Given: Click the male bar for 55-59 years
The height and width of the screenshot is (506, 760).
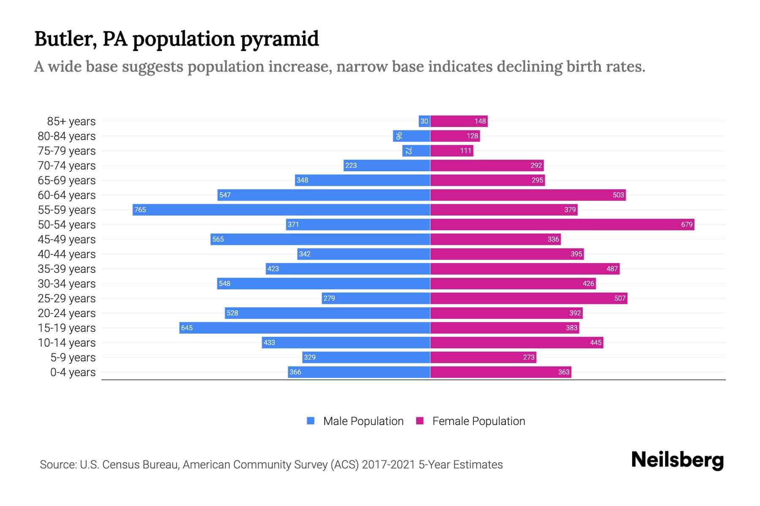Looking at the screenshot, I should pyautogui.click(x=281, y=210).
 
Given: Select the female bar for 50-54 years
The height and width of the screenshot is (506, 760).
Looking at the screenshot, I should pyautogui.click(x=562, y=224).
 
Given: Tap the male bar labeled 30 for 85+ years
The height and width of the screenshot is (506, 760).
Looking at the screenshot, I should pyautogui.click(x=424, y=121).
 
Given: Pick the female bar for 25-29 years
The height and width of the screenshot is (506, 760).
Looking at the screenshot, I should pyautogui.click(x=529, y=298).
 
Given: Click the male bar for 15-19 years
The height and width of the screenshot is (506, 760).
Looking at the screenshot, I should pyautogui.click(x=304, y=328).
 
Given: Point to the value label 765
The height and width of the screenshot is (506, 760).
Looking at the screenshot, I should pyautogui.click(x=140, y=210).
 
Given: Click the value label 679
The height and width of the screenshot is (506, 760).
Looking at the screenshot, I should pyautogui.click(x=687, y=224).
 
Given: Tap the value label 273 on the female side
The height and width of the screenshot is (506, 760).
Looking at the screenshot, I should pyautogui.click(x=529, y=357).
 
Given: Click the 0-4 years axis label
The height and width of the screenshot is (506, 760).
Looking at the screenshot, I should pyautogui.click(x=73, y=372).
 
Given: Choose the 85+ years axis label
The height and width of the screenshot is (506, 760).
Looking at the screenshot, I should pyautogui.click(x=71, y=121).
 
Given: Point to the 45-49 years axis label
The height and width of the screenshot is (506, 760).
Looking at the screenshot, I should pyautogui.click(x=67, y=240).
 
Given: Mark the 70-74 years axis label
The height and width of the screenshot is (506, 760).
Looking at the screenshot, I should pyautogui.click(x=67, y=166).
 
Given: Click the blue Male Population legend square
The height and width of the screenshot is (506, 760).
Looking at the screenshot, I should pyautogui.click(x=311, y=421).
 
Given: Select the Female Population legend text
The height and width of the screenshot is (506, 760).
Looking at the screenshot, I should pyautogui.click(x=478, y=421).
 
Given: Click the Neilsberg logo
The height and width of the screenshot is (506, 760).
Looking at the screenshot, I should pyautogui.click(x=677, y=460).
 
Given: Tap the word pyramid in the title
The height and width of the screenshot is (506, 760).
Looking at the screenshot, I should pyautogui.click(x=280, y=39).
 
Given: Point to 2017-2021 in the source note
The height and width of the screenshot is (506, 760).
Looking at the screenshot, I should pyautogui.click(x=388, y=465).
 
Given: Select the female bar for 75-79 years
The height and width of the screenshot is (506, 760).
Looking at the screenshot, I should pyautogui.click(x=452, y=151).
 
